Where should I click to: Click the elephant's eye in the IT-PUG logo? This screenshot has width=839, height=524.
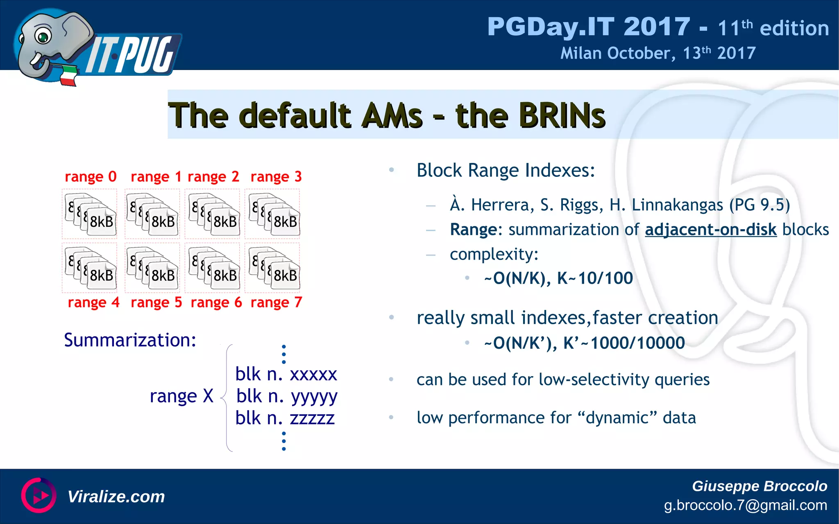(43, 36)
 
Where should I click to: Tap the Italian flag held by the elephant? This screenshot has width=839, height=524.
(69, 76)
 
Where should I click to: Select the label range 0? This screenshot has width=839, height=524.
(91, 177)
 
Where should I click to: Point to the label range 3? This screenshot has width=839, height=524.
(276, 177)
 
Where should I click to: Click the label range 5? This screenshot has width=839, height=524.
(156, 303)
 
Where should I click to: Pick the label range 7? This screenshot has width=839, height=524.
(276, 303)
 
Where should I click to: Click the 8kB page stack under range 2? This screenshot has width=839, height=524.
(213, 214)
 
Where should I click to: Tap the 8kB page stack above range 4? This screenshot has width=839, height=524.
(90, 267)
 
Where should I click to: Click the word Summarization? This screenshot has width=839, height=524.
(130, 340)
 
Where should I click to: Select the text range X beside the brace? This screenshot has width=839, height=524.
(181, 396)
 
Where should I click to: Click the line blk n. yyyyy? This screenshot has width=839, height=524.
(287, 396)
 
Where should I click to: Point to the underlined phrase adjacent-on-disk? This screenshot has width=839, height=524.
(710, 230)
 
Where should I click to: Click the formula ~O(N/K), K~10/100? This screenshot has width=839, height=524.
(558, 278)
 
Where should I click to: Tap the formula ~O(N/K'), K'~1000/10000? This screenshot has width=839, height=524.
(584, 343)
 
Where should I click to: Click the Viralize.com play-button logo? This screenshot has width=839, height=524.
(39, 495)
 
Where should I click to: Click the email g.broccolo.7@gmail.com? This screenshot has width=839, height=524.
(745, 505)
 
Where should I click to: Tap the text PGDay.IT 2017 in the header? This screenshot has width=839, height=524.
(588, 27)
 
